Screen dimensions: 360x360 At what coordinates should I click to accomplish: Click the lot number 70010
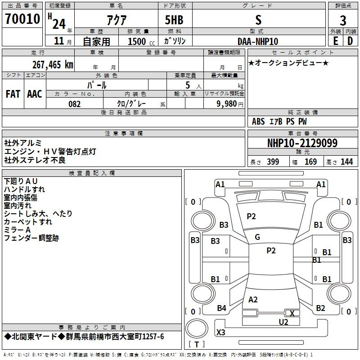click(22, 19)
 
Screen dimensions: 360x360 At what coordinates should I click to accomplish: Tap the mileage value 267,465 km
click(53, 65)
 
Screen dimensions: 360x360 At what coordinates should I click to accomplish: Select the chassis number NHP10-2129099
click(302, 143)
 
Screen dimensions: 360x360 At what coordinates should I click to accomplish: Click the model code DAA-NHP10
click(258, 41)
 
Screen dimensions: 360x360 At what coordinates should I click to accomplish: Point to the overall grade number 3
click(343, 21)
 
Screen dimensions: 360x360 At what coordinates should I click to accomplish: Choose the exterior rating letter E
click(336, 41)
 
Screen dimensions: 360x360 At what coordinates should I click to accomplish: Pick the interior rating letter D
click(350, 41)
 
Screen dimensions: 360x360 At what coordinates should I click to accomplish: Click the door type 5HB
click(174, 20)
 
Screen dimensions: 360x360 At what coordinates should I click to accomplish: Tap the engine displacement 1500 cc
click(141, 41)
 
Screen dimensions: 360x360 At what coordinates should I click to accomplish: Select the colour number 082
click(75, 104)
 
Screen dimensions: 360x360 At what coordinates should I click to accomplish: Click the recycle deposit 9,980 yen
click(230, 104)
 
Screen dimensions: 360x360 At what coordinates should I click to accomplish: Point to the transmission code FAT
click(13, 94)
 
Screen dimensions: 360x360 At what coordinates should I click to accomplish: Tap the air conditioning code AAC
click(35, 94)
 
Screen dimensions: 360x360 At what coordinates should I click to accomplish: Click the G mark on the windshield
click(257, 237)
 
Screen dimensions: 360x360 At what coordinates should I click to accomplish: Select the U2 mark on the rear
click(283, 322)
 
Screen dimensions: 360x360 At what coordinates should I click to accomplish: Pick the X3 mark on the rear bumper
click(221, 332)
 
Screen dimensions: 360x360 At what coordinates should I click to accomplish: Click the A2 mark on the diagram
click(253, 300)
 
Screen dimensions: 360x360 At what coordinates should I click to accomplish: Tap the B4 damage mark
click(221, 308)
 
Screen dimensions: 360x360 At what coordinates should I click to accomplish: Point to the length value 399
click(273, 162)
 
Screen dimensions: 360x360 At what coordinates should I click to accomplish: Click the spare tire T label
click(197, 344)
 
